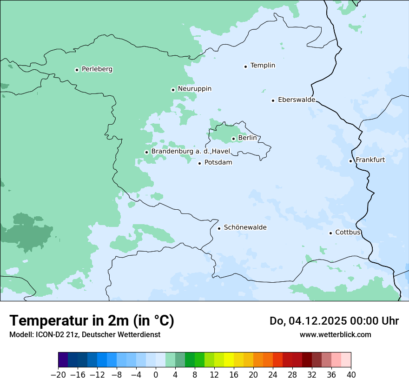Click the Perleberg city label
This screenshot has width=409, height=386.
[97, 69]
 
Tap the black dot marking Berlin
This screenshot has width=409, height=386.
[233, 139]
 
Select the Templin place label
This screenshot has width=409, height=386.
[263, 66]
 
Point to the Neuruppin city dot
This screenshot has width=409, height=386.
[173, 90]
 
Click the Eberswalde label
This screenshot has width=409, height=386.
[297, 100]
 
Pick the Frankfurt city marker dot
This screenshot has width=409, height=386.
[351, 161]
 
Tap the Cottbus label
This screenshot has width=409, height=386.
[348, 233]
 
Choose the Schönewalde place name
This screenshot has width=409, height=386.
[245, 227]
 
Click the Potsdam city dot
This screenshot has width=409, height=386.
[199, 163]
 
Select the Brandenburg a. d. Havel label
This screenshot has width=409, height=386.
[191, 152]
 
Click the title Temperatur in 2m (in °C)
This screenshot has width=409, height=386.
[92, 321]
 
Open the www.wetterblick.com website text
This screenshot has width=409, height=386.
[335, 334]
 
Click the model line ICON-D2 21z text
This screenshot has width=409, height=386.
[85, 334]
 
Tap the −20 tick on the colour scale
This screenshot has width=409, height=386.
[58, 375]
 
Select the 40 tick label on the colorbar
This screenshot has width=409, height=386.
[351, 375]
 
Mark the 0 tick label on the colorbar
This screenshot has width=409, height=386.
[156, 375]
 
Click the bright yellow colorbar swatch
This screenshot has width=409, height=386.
[229, 360]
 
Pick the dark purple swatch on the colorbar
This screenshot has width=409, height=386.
[63, 360]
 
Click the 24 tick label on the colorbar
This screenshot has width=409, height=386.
[273, 375]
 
